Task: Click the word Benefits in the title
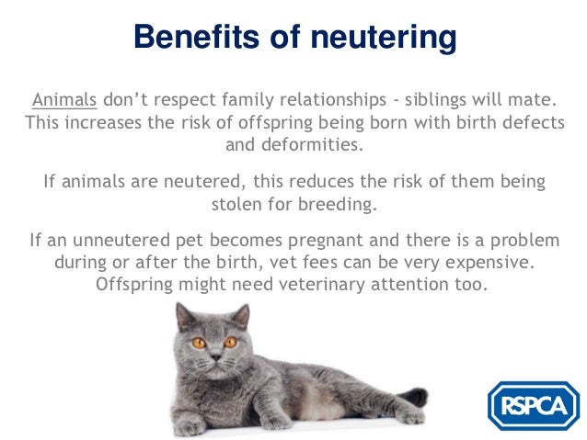tap(193, 38)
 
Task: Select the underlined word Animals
tap(64, 99)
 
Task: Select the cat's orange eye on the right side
tap(230, 342)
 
